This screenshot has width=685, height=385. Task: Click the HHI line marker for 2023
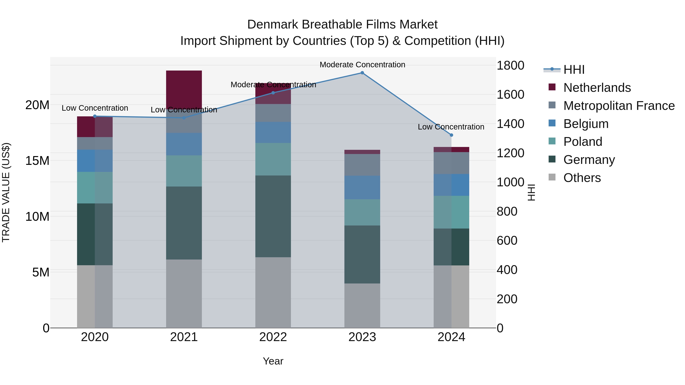(x=362, y=73)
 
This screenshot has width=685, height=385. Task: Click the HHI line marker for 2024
(x=451, y=135)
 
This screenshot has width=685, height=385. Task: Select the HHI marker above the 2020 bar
(x=95, y=116)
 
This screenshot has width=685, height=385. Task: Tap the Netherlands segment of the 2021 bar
(x=184, y=89)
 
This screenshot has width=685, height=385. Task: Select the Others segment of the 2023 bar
(x=362, y=306)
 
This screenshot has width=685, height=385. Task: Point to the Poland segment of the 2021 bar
(x=184, y=171)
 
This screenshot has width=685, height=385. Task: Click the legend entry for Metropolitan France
(x=619, y=106)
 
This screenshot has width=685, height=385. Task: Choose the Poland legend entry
(x=583, y=142)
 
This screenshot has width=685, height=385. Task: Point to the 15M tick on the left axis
(x=37, y=161)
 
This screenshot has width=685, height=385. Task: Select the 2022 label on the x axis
(x=273, y=337)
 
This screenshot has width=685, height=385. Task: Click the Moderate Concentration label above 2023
(x=362, y=65)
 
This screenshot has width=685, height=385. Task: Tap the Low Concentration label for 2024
(x=451, y=127)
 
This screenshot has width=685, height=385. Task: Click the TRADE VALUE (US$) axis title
(x=6, y=192)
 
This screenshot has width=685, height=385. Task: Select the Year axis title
(x=273, y=361)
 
